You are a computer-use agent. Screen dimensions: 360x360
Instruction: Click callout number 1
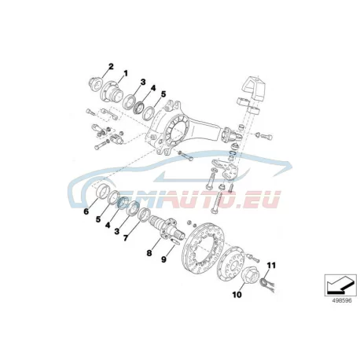pos(126,73)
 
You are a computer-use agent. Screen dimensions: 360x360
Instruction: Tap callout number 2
pos(111,67)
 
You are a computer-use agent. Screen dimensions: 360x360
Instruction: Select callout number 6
pos(86,211)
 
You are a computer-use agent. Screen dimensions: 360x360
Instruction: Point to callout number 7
pos(126,238)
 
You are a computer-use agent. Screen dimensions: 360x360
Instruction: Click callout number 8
pos(149,253)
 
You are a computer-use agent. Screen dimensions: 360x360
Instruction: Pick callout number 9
pos(163,259)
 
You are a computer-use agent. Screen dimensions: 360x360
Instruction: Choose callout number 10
pos(237,295)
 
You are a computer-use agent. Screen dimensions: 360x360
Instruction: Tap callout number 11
pos(271,266)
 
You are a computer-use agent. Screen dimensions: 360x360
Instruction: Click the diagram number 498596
pos(342,300)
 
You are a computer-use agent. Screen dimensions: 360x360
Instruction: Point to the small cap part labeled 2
pos(94,83)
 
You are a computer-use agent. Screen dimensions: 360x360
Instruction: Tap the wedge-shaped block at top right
pos(254,89)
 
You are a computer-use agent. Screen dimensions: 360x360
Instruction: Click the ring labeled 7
pos(145,215)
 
